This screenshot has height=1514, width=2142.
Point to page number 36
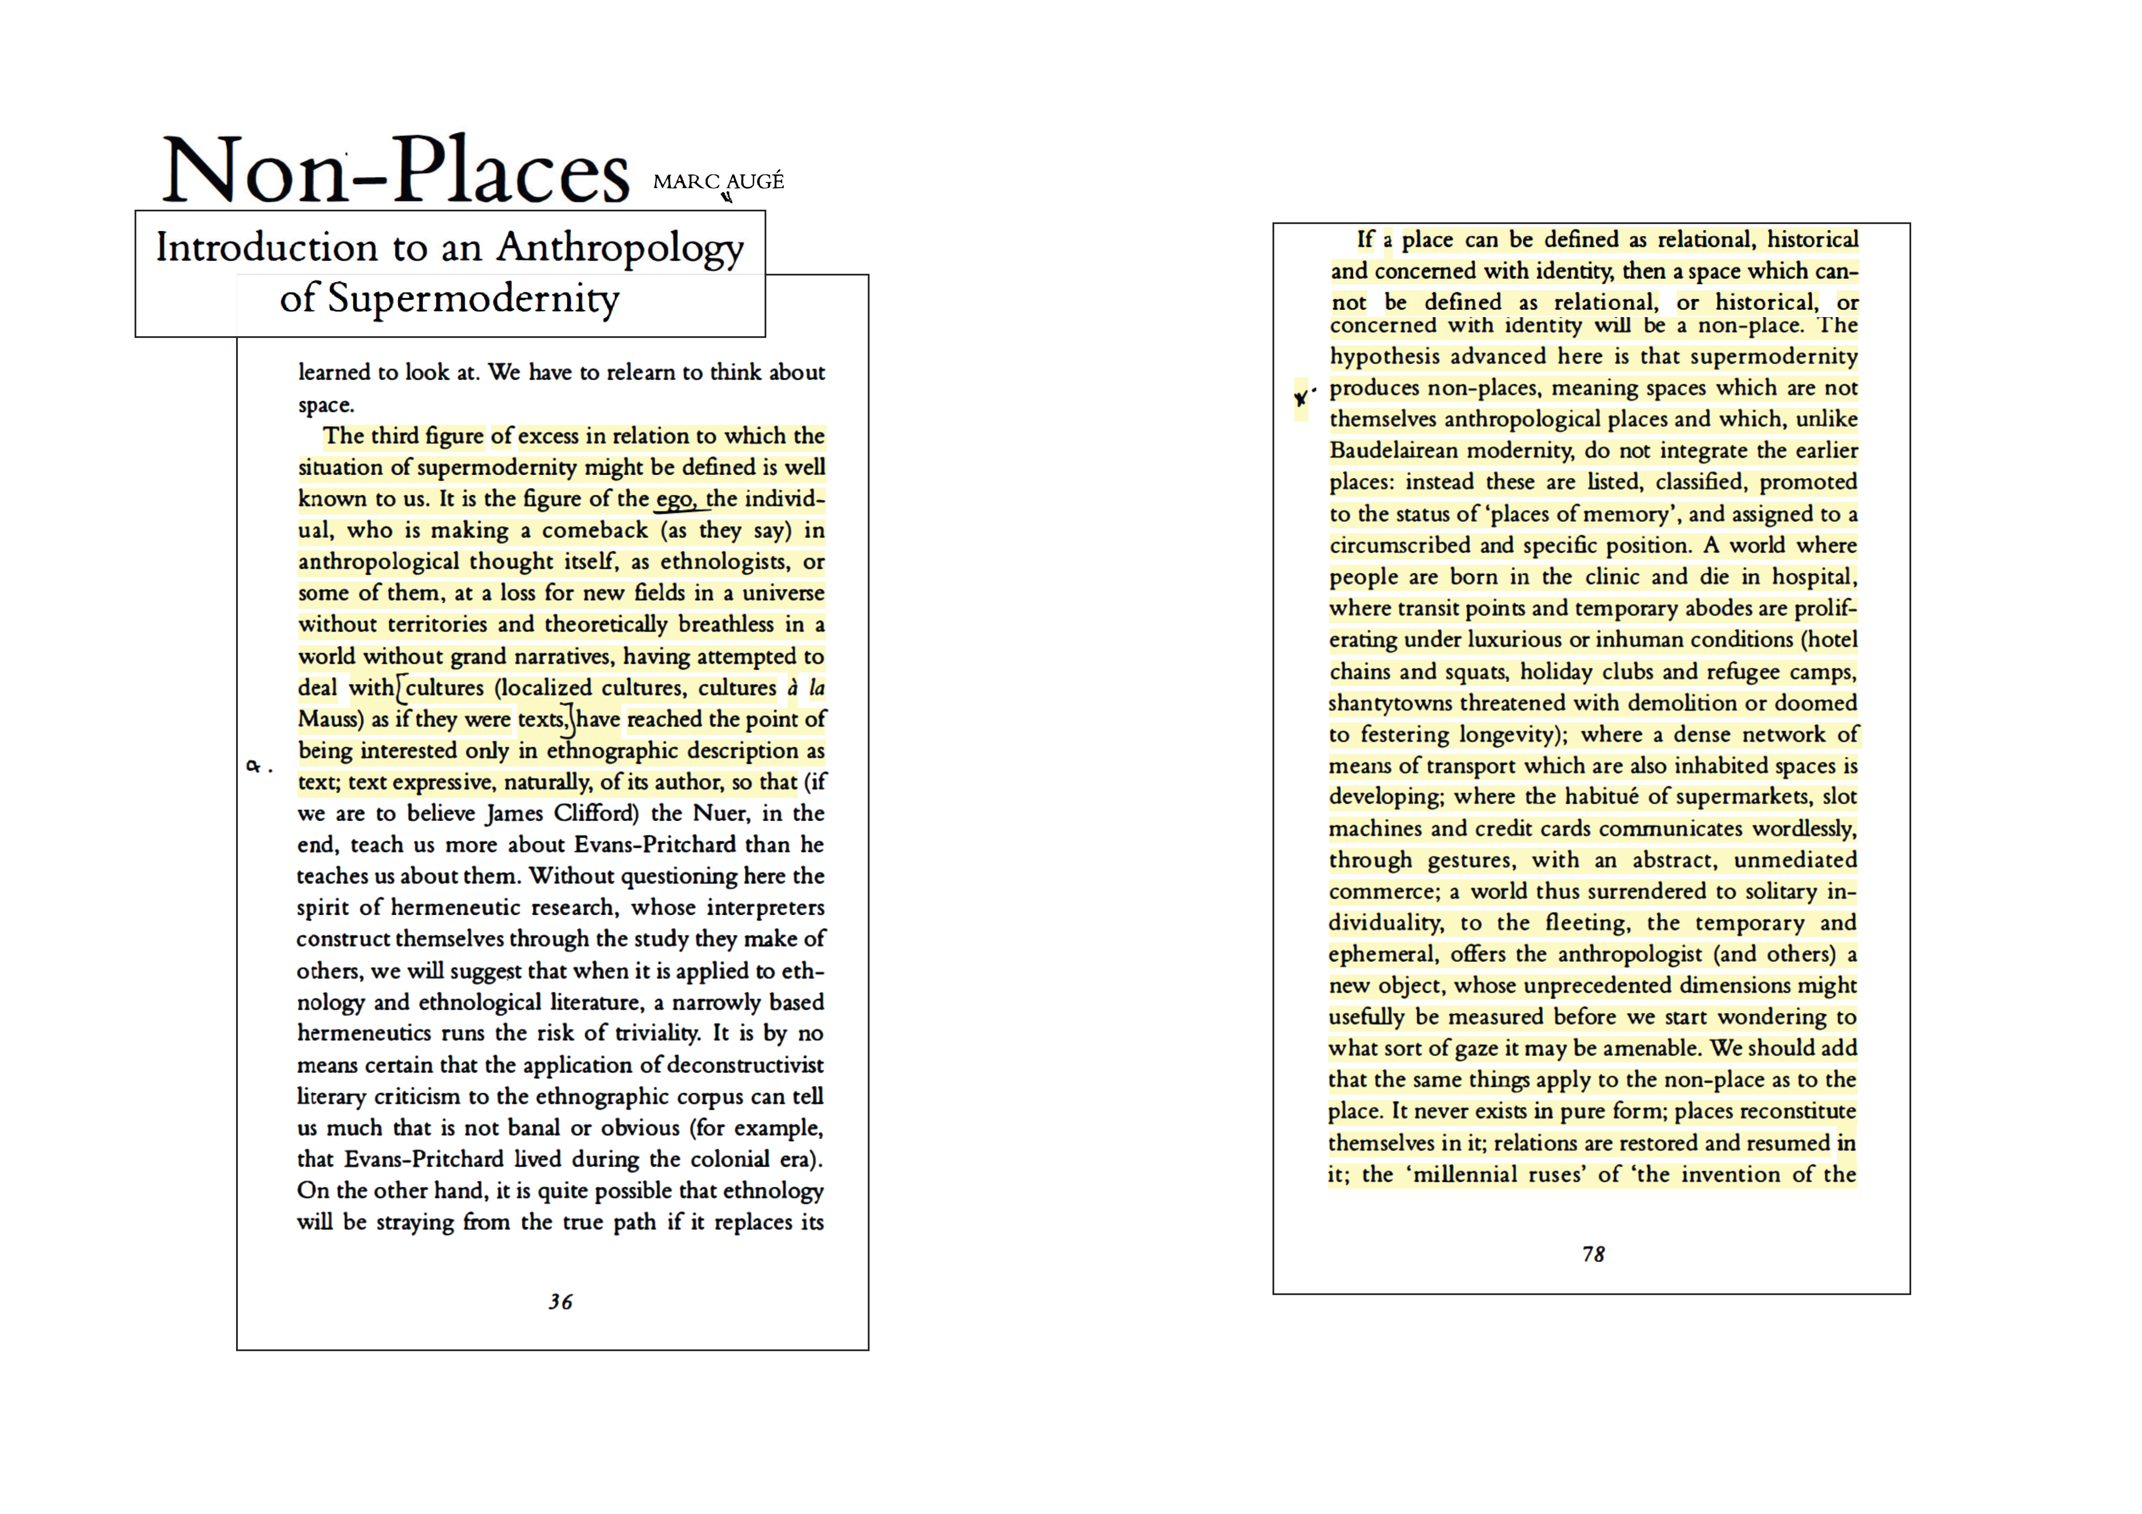560,1301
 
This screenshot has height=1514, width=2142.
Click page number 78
1593,1254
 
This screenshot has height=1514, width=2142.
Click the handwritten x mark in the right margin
1301,398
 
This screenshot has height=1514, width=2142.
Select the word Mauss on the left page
329,719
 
